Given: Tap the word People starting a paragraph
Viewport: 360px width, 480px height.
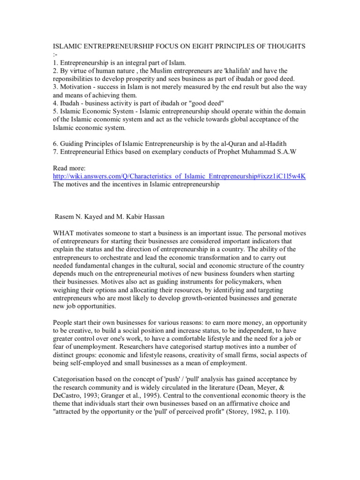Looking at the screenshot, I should click(63, 323).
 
